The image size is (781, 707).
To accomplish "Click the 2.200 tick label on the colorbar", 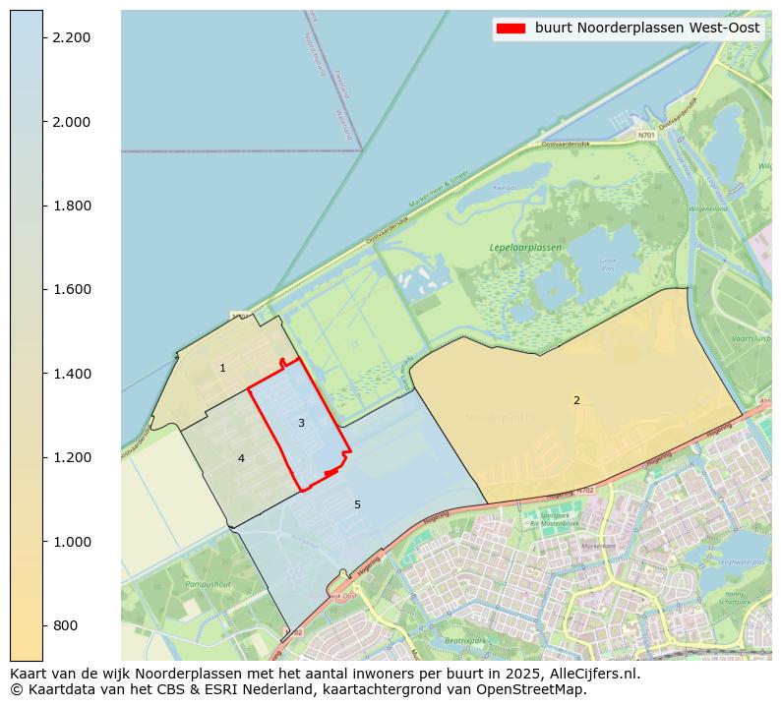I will coord(71,37).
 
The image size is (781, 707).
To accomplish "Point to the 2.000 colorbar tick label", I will coord(71,122).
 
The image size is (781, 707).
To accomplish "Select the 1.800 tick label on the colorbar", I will coord(71,206).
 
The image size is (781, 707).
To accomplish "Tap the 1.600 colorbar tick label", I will coord(71,289).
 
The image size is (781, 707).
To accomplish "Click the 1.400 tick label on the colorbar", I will coord(71,374).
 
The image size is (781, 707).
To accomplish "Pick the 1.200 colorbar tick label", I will coord(71,457).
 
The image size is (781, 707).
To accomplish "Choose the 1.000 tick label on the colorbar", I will coord(71,542).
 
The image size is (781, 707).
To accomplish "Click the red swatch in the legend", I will coord(511,29).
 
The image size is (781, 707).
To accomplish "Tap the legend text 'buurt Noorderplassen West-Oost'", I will coord(647,29).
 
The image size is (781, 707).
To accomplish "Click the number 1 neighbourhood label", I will coord(222,369).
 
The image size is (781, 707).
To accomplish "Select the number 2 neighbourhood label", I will coord(576,400).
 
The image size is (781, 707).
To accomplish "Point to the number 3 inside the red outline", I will coord(301,423).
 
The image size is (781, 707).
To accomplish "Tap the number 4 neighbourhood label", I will coord(241,458).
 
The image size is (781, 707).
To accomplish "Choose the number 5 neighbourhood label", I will coord(357,504).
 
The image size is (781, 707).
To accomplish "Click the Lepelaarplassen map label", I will coord(525,248).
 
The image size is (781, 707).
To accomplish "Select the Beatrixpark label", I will coord(465,640).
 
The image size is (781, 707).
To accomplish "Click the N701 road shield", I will coord(645,135).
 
